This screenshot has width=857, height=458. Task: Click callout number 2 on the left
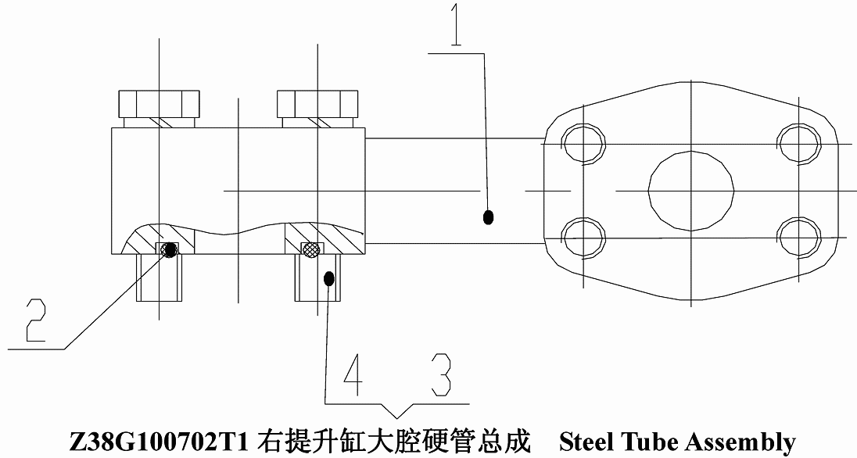coord(36,320)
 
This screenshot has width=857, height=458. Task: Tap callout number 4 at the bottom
coord(353,374)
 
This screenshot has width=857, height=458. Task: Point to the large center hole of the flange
coord(691,191)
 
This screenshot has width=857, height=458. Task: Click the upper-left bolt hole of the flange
coord(583,145)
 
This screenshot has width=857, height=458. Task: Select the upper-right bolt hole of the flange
coord(799,145)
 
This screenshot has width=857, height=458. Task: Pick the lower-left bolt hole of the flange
coord(583,238)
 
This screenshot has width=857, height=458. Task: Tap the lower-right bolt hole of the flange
coord(799,238)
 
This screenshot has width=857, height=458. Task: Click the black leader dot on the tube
coord(489,217)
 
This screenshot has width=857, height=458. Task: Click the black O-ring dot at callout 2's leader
coord(171,250)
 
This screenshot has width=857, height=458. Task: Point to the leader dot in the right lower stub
coord(328,279)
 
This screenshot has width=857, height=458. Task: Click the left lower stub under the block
coord(159,277)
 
